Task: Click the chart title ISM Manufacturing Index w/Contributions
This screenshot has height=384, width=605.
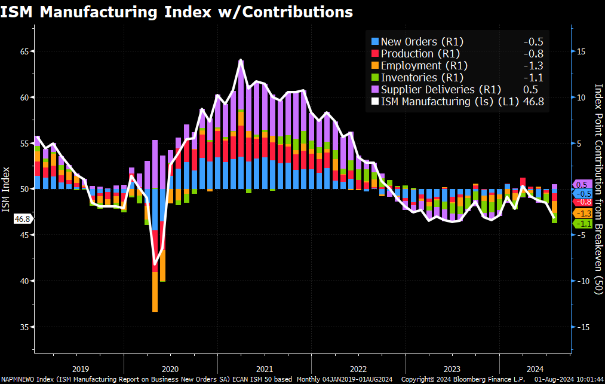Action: coord(177,11)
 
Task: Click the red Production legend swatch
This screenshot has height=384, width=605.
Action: coord(375,54)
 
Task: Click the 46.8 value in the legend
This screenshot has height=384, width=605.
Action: coord(533,102)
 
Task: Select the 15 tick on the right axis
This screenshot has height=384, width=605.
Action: coord(581,51)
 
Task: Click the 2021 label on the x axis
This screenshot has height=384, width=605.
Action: coord(264,369)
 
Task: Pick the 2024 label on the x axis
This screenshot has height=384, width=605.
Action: coord(535,369)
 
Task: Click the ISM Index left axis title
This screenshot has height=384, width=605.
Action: coord(6,189)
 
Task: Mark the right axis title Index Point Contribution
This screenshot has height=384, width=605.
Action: coord(598,189)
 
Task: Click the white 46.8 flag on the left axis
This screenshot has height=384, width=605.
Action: coord(23,220)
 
